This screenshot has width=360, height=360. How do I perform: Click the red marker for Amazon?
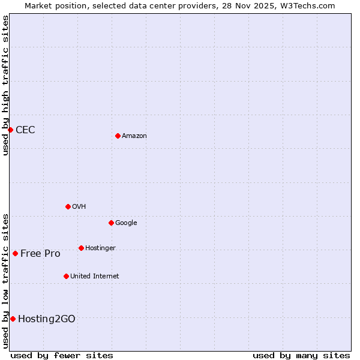(118, 136)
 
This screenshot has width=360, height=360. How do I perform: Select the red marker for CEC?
(10, 130)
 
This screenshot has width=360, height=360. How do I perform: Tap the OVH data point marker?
(68, 206)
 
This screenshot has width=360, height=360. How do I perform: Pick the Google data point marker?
(111, 223)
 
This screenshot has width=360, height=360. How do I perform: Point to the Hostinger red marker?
(81, 248)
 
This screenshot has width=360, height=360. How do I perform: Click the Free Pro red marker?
(15, 253)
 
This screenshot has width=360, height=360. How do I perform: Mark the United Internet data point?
(66, 276)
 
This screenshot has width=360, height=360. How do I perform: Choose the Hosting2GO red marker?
(13, 319)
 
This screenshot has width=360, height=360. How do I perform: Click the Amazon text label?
(134, 136)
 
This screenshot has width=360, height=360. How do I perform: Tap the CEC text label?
(25, 130)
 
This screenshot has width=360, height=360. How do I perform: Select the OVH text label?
(79, 207)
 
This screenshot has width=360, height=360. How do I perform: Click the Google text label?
(126, 223)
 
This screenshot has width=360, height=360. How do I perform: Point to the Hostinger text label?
(100, 248)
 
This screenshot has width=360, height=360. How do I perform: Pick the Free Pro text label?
(40, 254)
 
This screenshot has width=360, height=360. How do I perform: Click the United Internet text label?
(95, 277)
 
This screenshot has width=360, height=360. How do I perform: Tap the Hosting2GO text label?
(47, 319)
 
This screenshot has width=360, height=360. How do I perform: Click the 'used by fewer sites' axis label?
(62, 355)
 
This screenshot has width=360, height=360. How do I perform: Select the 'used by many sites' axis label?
(301, 355)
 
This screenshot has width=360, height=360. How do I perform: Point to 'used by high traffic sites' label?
(5, 85)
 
